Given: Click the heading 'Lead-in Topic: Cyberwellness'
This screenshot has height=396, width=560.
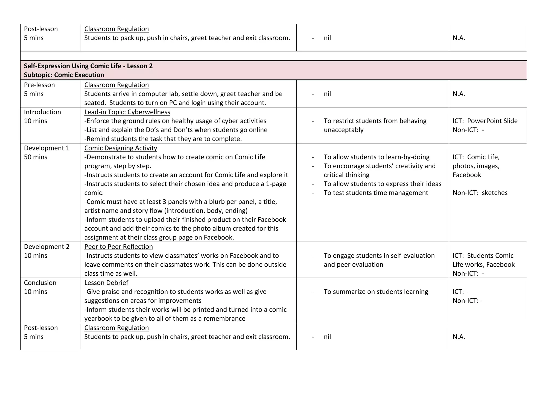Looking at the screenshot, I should click(127, 112).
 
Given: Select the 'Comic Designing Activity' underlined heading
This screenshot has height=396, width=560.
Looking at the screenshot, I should click(121, 148).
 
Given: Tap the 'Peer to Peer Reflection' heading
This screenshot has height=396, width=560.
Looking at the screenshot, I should click(118, 247).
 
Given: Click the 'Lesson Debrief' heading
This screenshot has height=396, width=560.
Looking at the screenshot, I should click(106, 283).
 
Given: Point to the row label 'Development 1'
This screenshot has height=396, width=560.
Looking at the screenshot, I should click(46, 148).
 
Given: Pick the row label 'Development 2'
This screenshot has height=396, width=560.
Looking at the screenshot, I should click(46, 247).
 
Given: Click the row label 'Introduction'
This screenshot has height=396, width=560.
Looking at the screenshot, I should click(42, 112).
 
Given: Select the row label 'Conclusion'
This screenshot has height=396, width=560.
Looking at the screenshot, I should click(40, 283).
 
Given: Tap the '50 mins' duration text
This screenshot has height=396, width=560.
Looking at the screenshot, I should click(36, 157).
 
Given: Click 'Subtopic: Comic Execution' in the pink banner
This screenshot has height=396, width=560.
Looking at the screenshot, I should click(64, 75).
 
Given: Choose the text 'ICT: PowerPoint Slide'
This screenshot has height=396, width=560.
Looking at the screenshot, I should click(485, 121).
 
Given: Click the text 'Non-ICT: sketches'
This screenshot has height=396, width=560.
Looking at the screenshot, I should click(480, 193).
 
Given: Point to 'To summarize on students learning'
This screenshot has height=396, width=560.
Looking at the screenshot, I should click(376, 292).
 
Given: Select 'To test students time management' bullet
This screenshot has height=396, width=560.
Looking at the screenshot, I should click(376, 193).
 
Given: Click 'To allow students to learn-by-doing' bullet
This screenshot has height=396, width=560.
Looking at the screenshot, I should click(377, 157).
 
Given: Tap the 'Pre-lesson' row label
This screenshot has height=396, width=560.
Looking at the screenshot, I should click(39, 85).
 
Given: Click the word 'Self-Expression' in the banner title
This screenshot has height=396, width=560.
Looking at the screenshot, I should click(47, 66).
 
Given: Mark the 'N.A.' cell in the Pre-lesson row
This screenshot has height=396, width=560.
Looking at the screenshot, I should click(459, 94).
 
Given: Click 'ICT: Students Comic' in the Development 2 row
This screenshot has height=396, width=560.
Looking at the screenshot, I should click(483, 256).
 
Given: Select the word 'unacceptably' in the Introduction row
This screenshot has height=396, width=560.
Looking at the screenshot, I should click(343, 130).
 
